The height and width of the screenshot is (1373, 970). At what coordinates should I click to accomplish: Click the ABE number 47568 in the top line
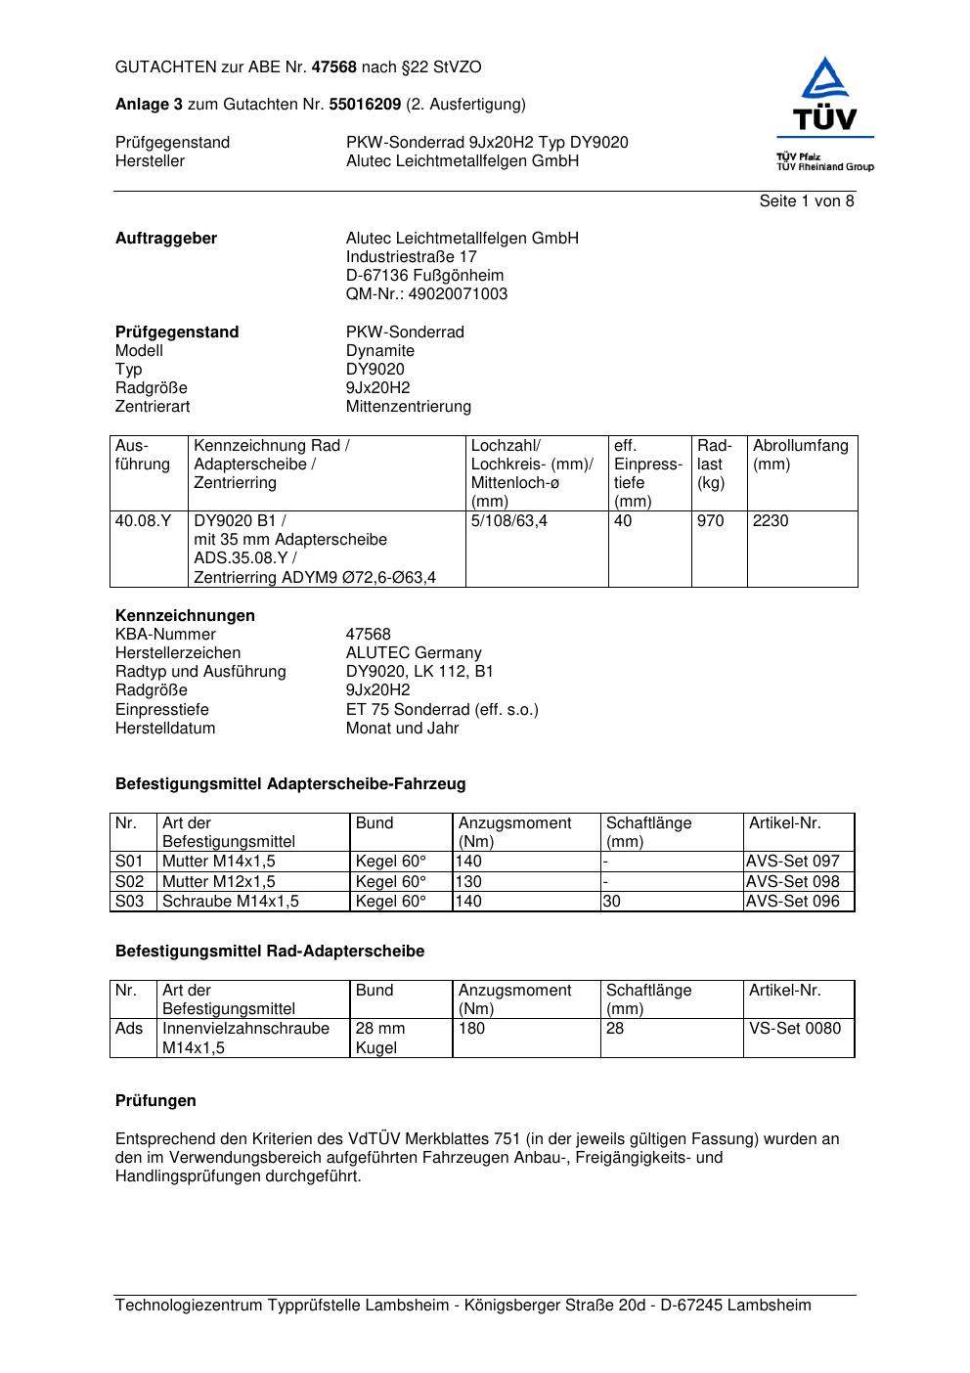click(x=333, y=67)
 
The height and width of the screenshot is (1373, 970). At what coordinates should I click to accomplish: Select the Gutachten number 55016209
click(x=365, y=105)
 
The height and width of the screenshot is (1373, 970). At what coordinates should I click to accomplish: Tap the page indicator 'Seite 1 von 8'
click(x=806, y=201)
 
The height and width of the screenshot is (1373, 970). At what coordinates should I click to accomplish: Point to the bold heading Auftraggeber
click(x=166, y=239)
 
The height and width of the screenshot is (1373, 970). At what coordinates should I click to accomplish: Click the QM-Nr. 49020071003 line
click(x=426, y=294)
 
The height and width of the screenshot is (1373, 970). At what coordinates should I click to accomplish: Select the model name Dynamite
click(x=380, y=351)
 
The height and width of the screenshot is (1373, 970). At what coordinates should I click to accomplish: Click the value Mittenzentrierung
click(x=408, y=407)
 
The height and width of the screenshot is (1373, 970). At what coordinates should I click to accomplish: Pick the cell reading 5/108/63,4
click(x=508, y=521)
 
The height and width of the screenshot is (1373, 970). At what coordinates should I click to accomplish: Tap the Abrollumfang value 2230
click(x=771, y=521)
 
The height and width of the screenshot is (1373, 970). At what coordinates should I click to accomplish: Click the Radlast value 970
click(x=711, y=521)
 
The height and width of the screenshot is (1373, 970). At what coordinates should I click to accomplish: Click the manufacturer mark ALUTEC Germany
click(x=414, y=653)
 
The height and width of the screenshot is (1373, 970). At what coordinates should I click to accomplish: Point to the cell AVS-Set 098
click(x=792, y=882)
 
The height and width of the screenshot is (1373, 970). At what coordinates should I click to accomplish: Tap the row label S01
click(x=129, y=862)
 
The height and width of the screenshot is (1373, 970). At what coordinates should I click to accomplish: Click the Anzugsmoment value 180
click(x=471, y=1029)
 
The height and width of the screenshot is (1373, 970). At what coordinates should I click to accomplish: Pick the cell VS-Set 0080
click(x=794, y=1029)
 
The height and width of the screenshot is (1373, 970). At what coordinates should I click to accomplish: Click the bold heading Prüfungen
click(x=155, y=1101)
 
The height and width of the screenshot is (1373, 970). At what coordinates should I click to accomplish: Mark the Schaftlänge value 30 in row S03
click(x=611, y=902)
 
